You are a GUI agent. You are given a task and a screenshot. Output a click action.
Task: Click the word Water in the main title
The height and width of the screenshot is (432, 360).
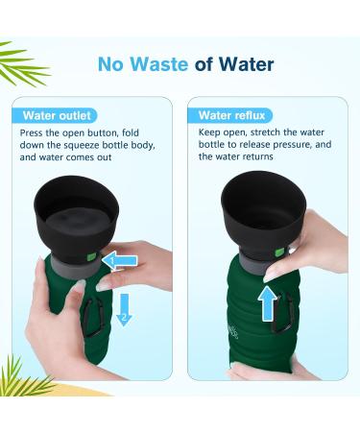[246, 65]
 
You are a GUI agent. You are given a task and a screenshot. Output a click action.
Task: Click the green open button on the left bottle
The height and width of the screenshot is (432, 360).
[91, 256]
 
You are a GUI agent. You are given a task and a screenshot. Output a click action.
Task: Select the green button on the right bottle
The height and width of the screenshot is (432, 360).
[278, 252]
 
